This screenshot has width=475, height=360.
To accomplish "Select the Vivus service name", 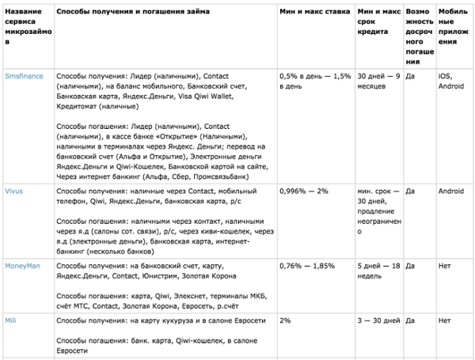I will click(13, 192).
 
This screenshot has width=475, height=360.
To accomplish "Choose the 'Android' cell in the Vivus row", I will click(453, 192).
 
